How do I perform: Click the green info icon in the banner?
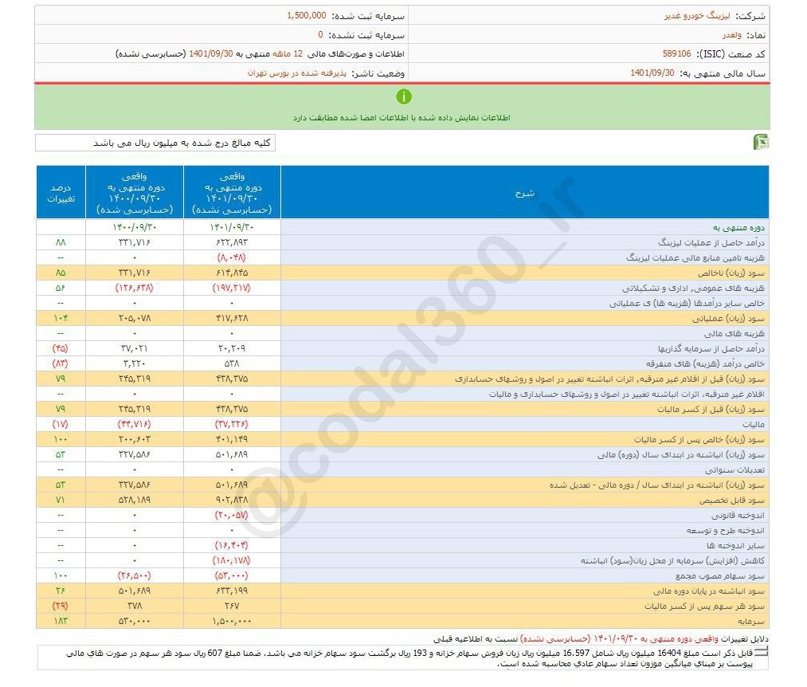404,96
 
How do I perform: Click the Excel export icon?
761,142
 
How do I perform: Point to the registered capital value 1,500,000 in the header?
306,15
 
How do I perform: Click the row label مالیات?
750,424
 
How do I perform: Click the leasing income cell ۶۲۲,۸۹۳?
231,241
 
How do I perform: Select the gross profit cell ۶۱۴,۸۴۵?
231,272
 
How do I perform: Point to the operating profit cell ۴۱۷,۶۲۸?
231,318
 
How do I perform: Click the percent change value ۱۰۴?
61,318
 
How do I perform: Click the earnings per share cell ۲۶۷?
231,605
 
